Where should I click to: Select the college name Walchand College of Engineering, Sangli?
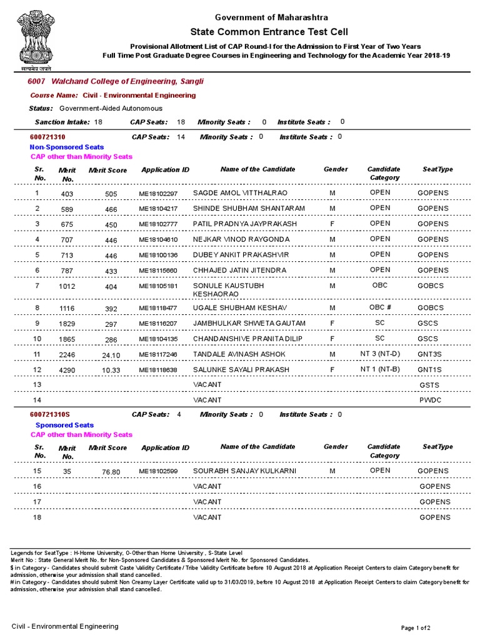click(127, 82)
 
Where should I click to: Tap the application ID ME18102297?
click(158, 193)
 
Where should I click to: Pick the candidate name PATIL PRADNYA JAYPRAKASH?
click(236, 224)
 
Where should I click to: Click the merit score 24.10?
click(111, 355)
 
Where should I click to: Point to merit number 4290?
click(67, 371)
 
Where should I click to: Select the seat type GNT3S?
click(430, 354)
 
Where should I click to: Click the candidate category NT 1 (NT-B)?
click(380, 369)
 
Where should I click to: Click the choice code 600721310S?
click(50, 414)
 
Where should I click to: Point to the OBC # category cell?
click(380, 307)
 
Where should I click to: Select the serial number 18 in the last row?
click(37, 517)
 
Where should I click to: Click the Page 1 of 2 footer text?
click(415, 627)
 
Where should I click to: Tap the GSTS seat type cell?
click(430, 385)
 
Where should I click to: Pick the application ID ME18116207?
click(158, 324)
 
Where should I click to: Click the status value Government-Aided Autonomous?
click(111, 108)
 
